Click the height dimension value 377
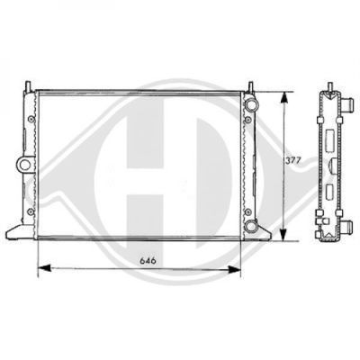[292, 161]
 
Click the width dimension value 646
[148, 261]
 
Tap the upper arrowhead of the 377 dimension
[283, 98]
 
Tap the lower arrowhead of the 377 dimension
[283, 235]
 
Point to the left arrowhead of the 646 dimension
[45, 268]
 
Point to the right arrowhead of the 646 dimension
[235, 269]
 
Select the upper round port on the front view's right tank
[251, 103]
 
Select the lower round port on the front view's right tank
[250, 226]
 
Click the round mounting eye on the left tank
[24, 164]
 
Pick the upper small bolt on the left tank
[31, 119]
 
